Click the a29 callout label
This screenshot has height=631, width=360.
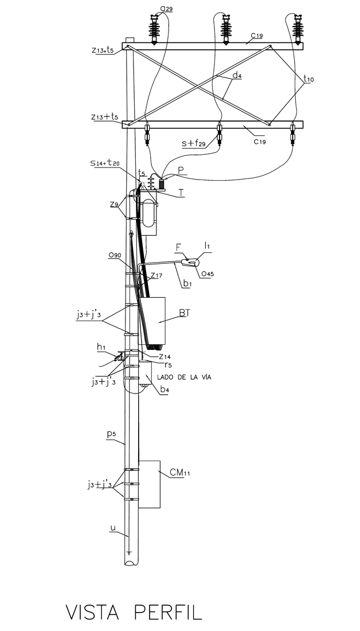(x=166, y=8)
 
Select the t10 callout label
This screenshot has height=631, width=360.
(x=308, y=79)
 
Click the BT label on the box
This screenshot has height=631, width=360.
(x=185, y=313)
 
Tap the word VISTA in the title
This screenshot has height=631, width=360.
(x=92, y=613)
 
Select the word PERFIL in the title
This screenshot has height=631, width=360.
(x=168, y=613)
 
